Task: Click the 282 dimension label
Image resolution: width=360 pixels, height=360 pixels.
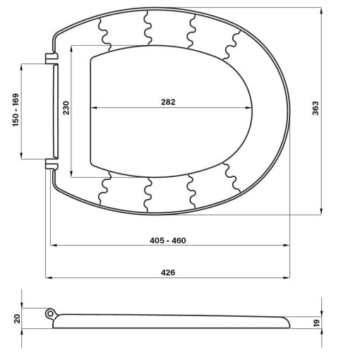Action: coord(168,102)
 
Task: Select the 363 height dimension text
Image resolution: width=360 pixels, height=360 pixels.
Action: coord(316,108)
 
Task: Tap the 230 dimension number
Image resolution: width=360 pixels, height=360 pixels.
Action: coord(66,108)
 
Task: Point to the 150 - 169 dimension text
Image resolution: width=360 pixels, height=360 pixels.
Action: coord(16,110)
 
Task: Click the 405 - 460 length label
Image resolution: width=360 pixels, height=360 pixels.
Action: coord(168,241)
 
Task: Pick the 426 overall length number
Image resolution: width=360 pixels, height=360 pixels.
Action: coord(168,272)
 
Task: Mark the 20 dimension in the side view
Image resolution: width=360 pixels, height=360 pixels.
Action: coord(18,318)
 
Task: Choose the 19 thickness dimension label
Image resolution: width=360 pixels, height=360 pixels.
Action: coord(317,323)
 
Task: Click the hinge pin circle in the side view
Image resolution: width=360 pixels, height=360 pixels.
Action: coord(50,313)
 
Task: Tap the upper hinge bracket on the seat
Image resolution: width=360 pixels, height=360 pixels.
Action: coord(52,59)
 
